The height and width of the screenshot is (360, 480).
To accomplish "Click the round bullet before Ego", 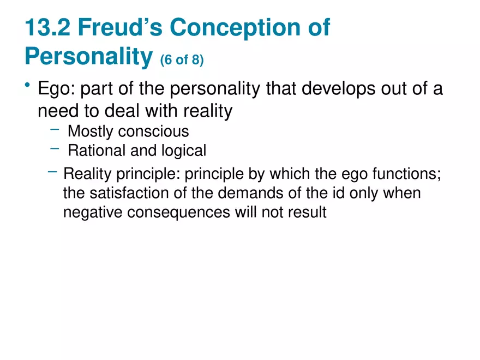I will coord(27,86).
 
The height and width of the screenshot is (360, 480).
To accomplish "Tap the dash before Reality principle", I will coord(52,172).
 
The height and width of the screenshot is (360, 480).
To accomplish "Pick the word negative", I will coord(93,212).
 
